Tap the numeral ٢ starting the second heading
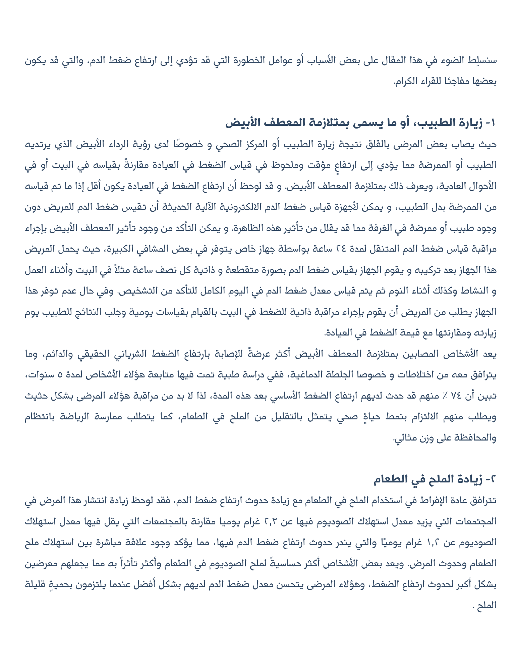tap(492, 479)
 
